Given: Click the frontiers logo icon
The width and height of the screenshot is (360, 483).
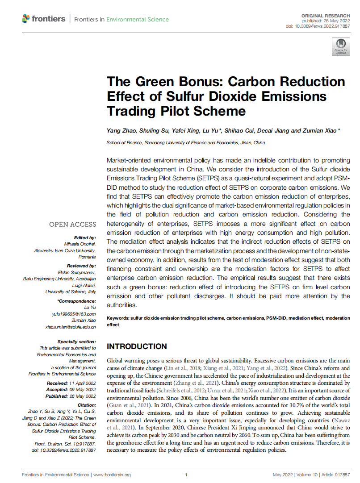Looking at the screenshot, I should pyautogui.click(x=26, y=19).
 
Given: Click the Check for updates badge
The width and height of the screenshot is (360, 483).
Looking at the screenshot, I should pyautogui.click(x=341, y=46).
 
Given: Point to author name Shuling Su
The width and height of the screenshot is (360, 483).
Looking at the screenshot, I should pyautogui.click(x=155, y=130).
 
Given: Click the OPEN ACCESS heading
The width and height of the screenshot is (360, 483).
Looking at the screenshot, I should pyautogui.click(x=72, y=225).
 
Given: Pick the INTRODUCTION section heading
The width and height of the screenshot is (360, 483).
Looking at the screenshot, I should pyautogui.click(x=137, y=346).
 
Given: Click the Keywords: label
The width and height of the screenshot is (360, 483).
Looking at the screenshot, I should pyautogui.click(x=118, y=318).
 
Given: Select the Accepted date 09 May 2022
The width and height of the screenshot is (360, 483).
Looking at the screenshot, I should pyautogui.click(x=83, y=390).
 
